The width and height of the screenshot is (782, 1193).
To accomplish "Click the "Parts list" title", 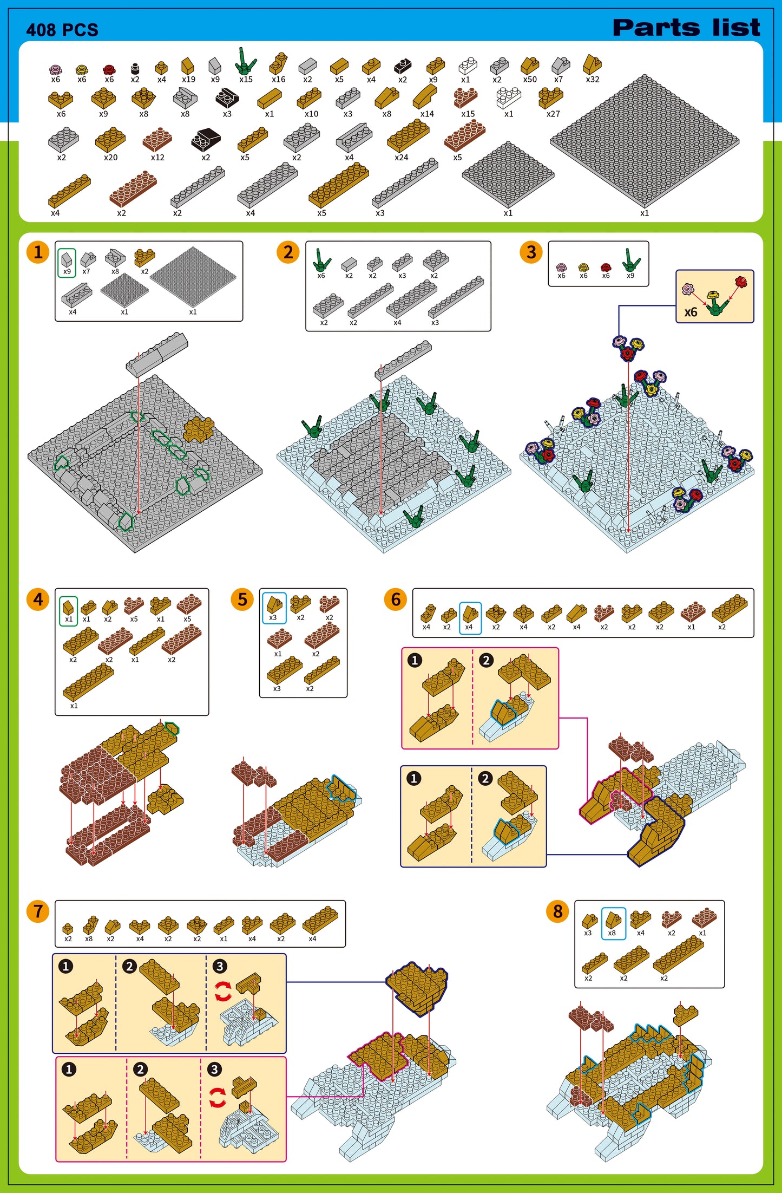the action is coord(686,28).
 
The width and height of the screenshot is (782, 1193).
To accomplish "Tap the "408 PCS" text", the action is coord(62,30).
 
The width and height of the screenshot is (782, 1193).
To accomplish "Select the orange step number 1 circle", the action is coord(38,252).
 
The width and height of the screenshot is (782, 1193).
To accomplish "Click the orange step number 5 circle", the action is coord(242,599).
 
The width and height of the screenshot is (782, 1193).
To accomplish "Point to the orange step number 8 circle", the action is coord(558,911).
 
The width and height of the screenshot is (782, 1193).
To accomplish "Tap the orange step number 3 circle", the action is coord(531,252).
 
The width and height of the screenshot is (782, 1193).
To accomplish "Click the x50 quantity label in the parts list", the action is coord(530,80).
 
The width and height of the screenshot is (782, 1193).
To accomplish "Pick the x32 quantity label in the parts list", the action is coord(593,80).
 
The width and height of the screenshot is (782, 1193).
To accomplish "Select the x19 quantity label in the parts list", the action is coord(188,80).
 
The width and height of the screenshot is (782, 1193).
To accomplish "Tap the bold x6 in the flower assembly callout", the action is coord(691,312).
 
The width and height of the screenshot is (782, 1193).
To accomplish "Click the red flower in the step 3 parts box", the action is coord(606,267).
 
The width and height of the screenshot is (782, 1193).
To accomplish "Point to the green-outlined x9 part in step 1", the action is coord(67,263).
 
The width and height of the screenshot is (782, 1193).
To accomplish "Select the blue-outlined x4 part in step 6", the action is coord(470,618).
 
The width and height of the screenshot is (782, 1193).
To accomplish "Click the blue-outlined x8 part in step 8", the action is coord(613,923).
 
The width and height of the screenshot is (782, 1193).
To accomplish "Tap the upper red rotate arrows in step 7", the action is coord(223,992).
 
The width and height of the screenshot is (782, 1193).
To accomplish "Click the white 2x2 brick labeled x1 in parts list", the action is coord(508,97).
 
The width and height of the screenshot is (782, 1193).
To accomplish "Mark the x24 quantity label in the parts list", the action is coord(401,158).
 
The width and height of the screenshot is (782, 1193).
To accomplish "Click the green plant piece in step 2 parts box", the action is coord(321,260).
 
